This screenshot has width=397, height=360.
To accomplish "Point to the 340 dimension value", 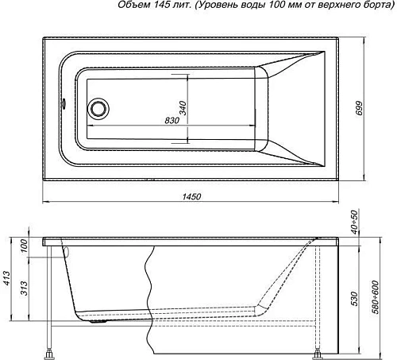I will pyautogui.click(x=182, y=108).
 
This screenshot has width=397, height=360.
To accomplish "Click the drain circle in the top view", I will pyautogui.click(x=98, y=107).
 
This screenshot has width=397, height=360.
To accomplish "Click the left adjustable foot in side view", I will pyautogui.click(x=52, y=350).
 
